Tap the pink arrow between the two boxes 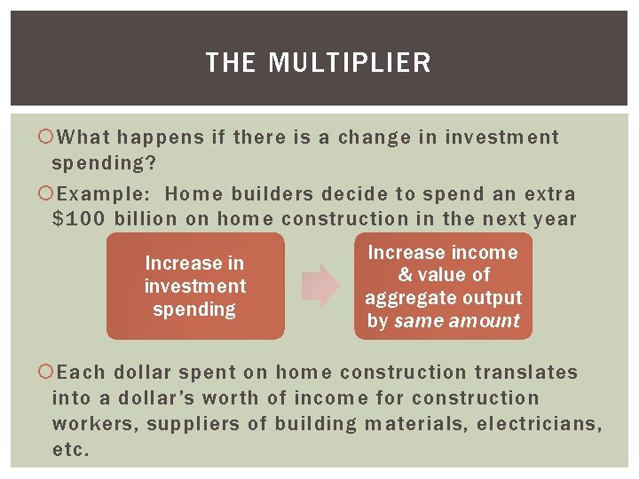tap(320, 286)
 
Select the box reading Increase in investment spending tap(195, 286)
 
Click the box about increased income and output tap(444, 286)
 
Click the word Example tap(105, 193)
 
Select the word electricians tap(539, 424)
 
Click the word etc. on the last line tap(71, 450)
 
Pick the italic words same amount tap(456, 321)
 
